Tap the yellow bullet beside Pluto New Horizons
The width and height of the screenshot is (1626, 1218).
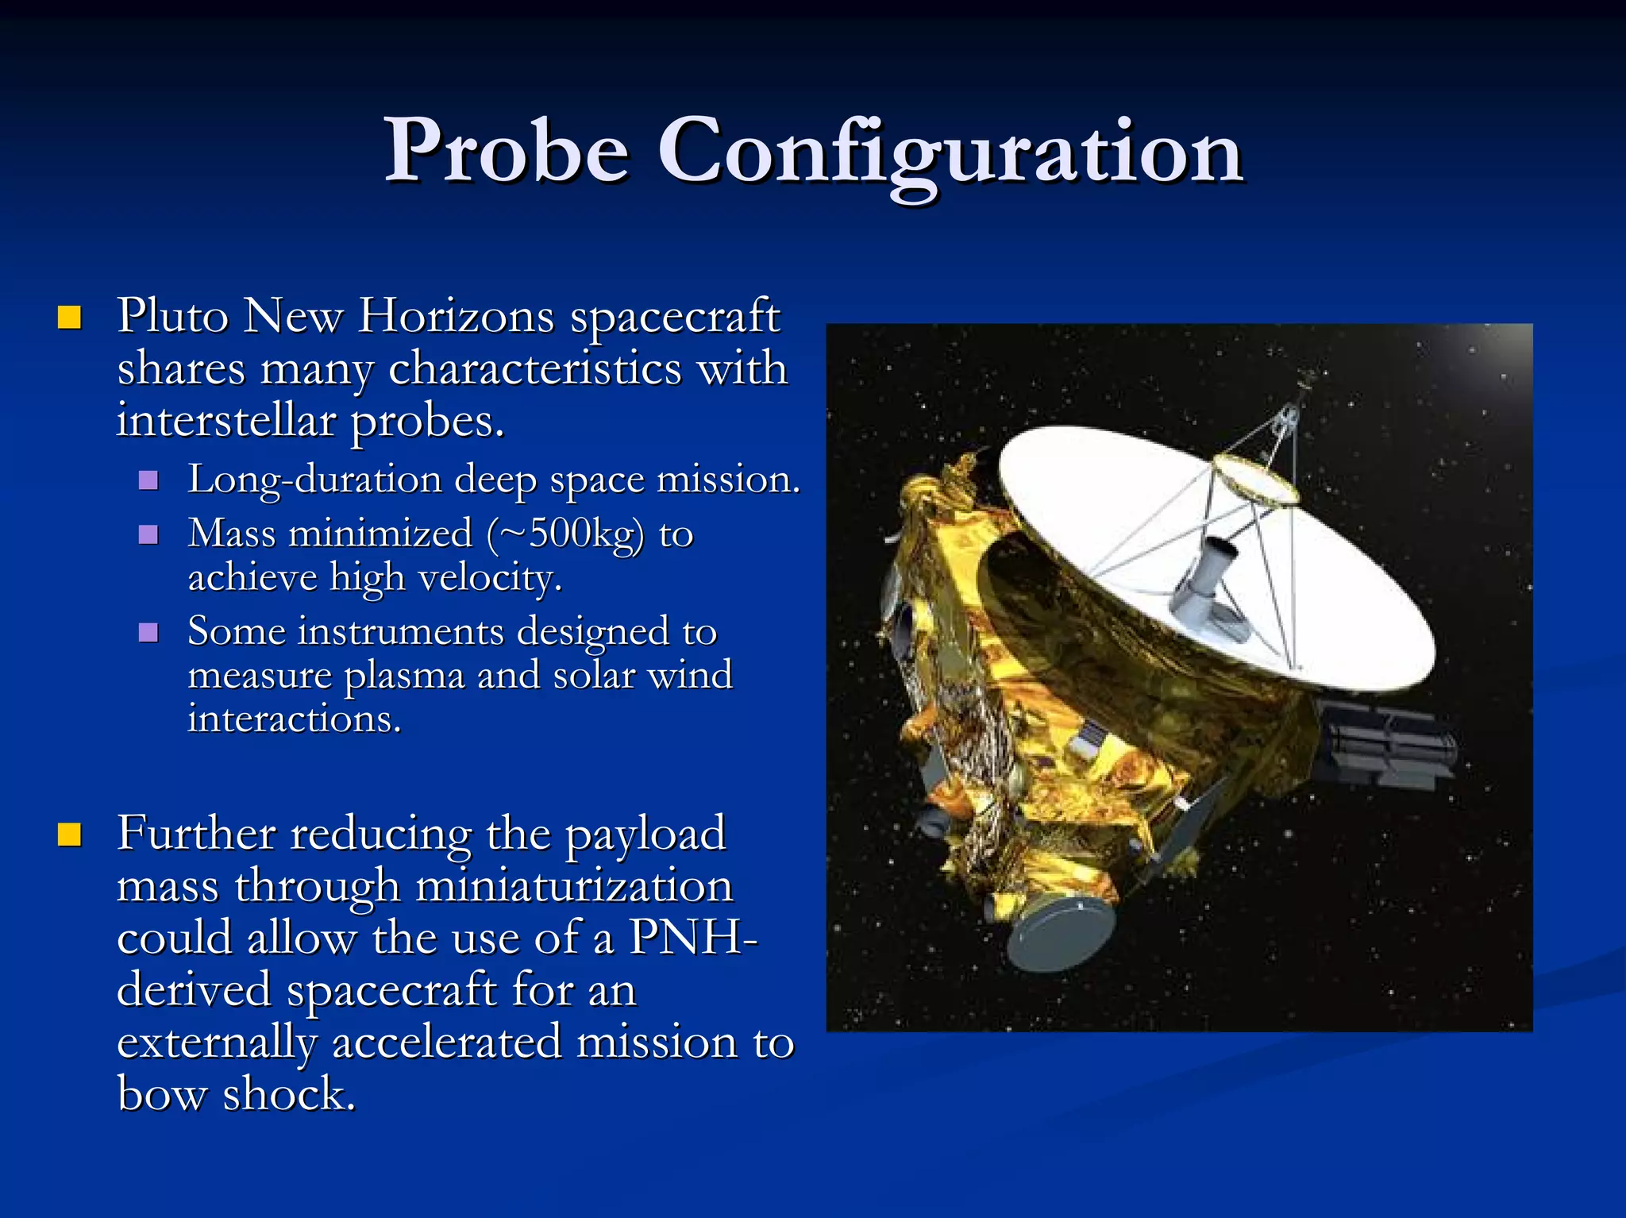point(70,318)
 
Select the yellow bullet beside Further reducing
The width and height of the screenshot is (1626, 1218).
point(70,835)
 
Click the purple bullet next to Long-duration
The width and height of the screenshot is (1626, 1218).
point(148,480)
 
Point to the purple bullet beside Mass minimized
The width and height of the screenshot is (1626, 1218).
point(148,534)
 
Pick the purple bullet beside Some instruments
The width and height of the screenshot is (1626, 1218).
point(148,633)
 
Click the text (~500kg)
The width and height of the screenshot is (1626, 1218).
point(565,534)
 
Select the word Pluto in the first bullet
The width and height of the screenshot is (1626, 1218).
point(173,316)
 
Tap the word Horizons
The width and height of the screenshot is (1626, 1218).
point(457,316)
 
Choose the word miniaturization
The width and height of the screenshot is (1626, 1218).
point(574,886)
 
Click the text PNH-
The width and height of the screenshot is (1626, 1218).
point(692,938)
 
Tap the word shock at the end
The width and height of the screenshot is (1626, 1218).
point(289,1094)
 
